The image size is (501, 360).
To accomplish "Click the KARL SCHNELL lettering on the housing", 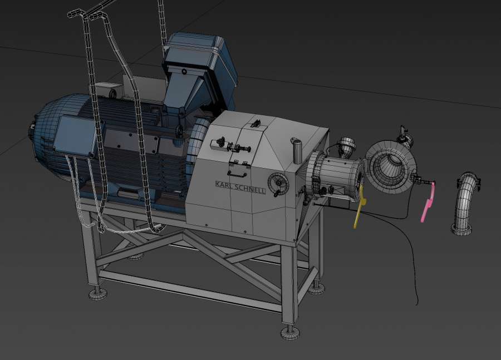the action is point(240,188).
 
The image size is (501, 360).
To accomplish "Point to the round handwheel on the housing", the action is point(278,184).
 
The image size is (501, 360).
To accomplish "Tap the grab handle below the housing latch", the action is point(237,174).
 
